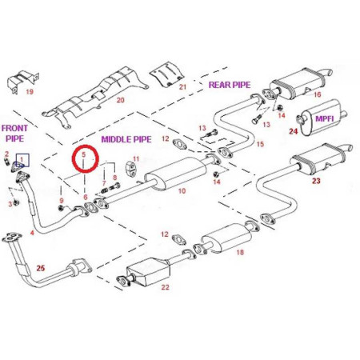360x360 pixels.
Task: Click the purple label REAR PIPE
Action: pos(230,85)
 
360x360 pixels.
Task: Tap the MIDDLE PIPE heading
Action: pos(126,139)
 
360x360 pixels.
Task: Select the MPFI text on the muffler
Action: pos(324,118)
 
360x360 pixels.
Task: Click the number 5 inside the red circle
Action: pos(84,154)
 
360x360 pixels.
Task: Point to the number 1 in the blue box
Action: pos(22,159)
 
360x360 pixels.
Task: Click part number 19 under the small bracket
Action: pos(30,92)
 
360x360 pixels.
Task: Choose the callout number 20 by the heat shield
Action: pos(121,100)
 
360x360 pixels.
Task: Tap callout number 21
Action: pos(182,86)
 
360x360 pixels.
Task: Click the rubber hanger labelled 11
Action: pos(130,169)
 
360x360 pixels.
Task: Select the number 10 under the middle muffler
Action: pos(182,191)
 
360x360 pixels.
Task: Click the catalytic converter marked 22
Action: pos(147,271)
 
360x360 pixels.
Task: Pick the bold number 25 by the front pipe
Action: pos(41,268)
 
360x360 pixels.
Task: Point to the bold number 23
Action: pos(316,181)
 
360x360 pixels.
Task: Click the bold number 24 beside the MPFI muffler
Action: pos(294,131)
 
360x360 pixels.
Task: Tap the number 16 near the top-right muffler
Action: pos(318,94)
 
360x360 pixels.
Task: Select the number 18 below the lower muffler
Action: pos(240,252)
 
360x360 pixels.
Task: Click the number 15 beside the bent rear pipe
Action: pos(260,144)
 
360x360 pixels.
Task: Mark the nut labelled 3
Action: pos(16,202)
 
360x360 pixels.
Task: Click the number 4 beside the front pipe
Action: pos(32,233)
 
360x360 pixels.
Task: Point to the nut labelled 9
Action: pos(61,208)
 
